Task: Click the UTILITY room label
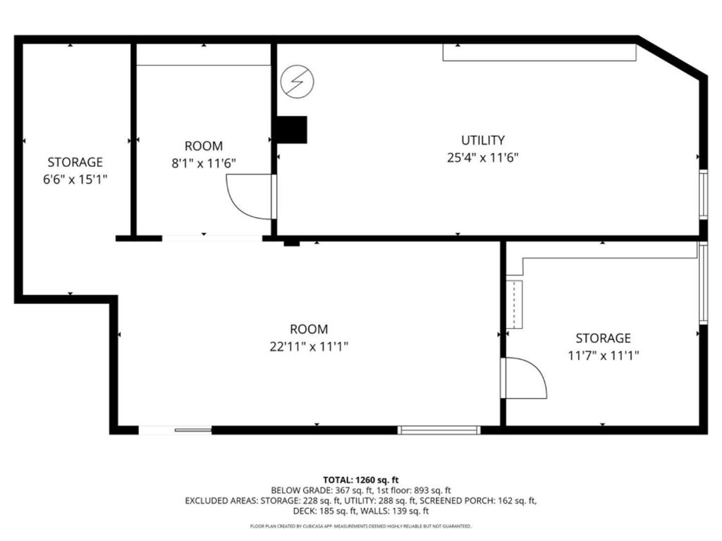pyautogui.click(x=483, y=140)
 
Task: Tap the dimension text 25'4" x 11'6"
pyautogui.click(x=483, y=158)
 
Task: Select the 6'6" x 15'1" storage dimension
pyautogui.click(x=75, y=180)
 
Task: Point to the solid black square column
pyautogui.click(x=291, y=130)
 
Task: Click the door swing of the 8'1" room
pyautogui.click(x=249, y=196)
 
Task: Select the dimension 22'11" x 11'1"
pyautogui.click(x=309, y=347)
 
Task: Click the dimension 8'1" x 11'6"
pyautogui.click(x=204, y=163)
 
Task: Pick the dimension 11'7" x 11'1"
pyautogui.click(x=603, y=356)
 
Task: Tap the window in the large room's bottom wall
pyautogui.click(x=439, y=430)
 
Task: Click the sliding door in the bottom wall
pyautogui.click(x=175, y=429)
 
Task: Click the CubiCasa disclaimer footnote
pyautogui.click(x=361, y=526)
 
